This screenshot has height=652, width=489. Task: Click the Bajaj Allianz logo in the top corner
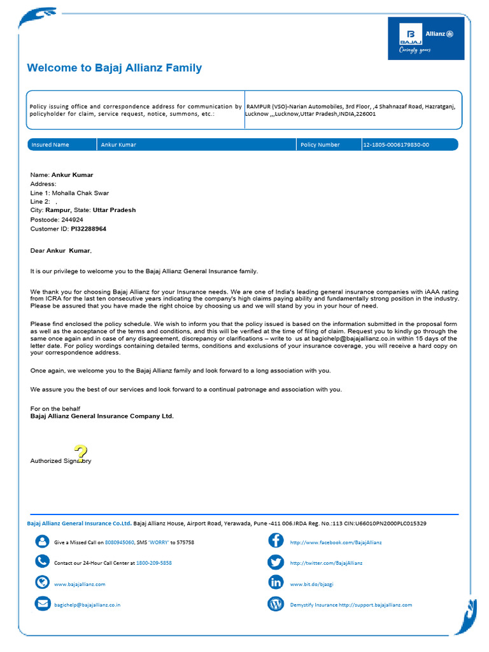426,38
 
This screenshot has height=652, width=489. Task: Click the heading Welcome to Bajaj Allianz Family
115,68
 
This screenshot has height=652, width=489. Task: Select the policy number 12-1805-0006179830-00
396,145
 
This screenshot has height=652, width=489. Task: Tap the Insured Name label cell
50,145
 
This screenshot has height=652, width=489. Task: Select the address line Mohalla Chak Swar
80,193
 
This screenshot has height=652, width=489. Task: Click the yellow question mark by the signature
80,454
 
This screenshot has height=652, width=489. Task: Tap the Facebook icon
276,541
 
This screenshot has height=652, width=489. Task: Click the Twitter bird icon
276,562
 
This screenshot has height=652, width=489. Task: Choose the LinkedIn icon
276,583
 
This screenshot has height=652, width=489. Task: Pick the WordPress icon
276,604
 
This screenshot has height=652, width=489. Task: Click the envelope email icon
43,604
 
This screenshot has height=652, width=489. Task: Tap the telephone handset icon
43,562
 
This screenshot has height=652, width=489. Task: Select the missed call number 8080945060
119,542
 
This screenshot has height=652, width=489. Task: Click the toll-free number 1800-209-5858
154,563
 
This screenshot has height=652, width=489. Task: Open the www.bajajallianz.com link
80,584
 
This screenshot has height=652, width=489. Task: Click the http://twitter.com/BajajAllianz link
326,563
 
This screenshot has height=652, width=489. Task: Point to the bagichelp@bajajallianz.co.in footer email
87,605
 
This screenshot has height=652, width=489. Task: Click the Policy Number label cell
320,145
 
